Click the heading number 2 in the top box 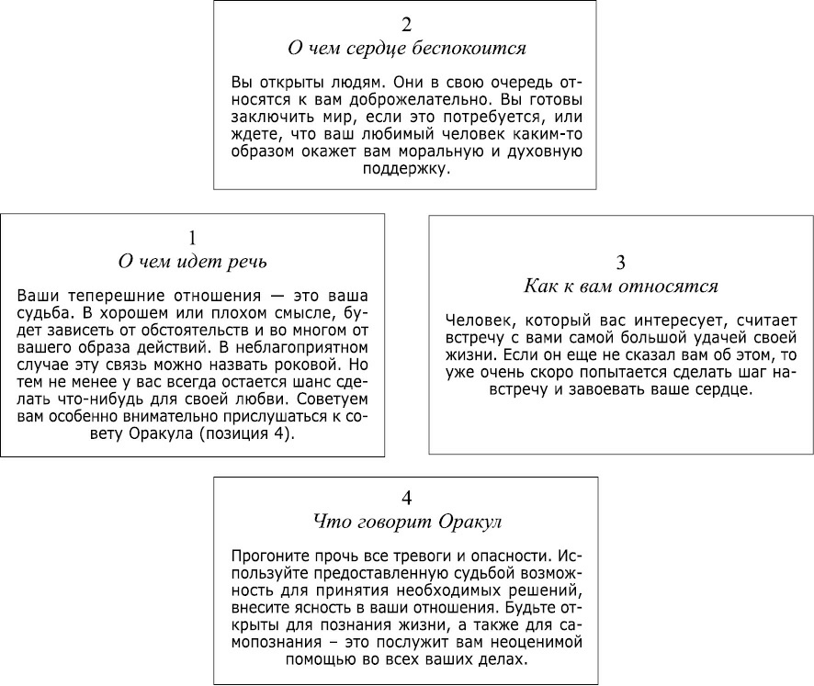click(x=406, y=25)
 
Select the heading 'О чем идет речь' click(x=193, y=262)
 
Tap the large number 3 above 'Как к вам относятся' click(x=621, y=263)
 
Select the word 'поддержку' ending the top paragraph click(x=406, y=169)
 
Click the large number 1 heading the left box click(x=192, y=238)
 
